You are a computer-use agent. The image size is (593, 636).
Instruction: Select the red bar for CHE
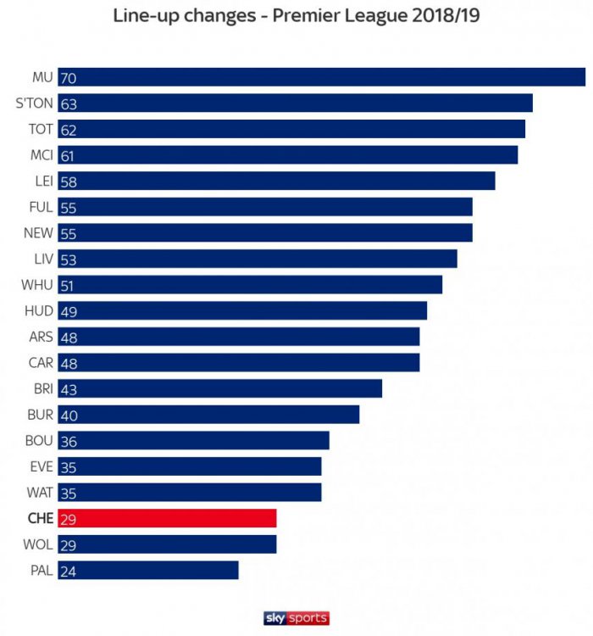[x=167, y=518]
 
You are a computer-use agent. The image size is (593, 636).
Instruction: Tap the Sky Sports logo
[x=296, y=618]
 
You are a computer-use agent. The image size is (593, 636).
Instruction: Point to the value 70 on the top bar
[x=69, y=78]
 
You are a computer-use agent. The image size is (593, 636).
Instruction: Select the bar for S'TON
[x=295, y=103]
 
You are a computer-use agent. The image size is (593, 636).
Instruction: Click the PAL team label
[x=40, y=570]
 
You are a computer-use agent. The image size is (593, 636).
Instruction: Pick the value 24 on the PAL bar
[x=69, y=571]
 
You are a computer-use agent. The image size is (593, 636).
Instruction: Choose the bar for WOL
[x=167, y=544]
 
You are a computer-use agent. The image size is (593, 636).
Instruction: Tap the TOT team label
[x=41, y=129]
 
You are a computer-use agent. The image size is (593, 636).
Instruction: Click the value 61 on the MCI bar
[x=68, y=156]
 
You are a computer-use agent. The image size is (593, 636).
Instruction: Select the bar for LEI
[x=276, y=181]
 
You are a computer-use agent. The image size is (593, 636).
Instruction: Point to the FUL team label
[x=41, y=207]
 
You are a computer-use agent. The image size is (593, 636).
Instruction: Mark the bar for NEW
[x=264, y=233]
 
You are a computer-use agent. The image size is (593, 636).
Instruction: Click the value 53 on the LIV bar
[x=69, y=259]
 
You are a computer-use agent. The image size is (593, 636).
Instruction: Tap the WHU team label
[x=38, y=285]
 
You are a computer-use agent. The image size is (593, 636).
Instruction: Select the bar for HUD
[x=242, y=311]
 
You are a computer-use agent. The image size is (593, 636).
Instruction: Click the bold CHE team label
[x=39, y=518]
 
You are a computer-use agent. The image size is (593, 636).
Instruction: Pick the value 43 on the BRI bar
[x=69, y=389]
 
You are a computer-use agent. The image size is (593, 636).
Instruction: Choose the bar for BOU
[x=193, y=441]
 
